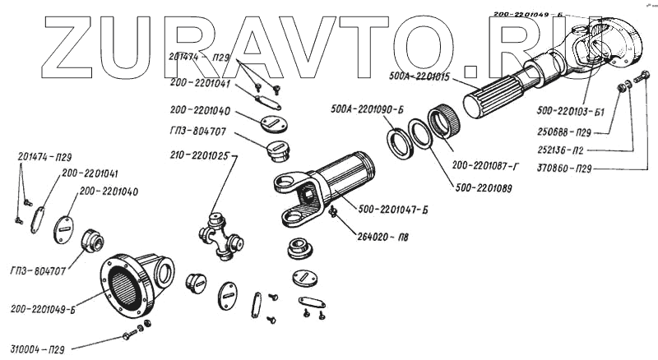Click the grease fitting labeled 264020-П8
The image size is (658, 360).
pyautogui.click(x=333, y=213)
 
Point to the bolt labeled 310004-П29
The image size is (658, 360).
pyautogui.click(x=129, y=335)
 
